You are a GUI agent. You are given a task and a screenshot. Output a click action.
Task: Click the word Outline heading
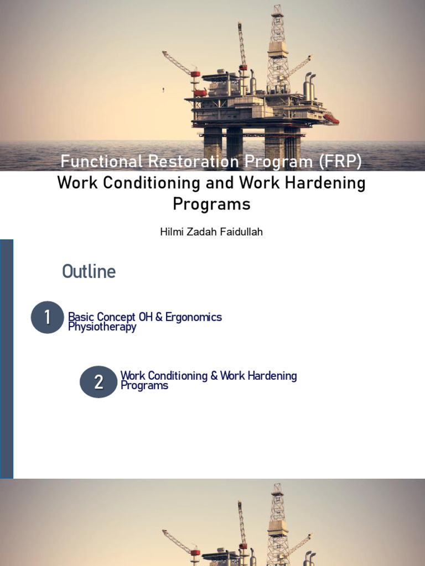point(89,271)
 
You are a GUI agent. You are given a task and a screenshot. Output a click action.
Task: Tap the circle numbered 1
point(47,317)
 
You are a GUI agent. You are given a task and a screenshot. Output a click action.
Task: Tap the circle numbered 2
point(99,381)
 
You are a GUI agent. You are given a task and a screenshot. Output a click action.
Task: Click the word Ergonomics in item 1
point(193,317)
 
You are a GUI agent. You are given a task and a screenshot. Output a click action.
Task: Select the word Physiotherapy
point(102,327)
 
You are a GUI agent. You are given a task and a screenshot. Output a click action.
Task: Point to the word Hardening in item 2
point(271,376)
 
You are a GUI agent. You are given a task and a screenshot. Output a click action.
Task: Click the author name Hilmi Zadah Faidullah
point(211,232)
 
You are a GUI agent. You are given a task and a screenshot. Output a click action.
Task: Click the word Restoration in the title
point(189,162)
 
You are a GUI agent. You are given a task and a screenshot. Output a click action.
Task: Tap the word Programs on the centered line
point(211,204)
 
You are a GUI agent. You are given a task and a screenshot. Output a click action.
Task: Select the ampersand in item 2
point(214,376)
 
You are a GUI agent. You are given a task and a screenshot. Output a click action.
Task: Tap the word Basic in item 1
point(81,317)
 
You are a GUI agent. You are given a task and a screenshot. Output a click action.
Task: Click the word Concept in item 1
point(117,317)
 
